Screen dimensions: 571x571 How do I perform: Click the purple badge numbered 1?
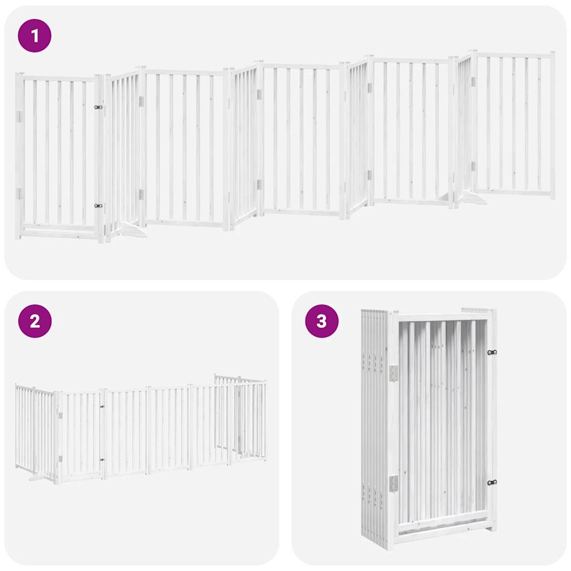(x=35, y=36)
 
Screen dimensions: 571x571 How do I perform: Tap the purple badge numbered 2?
(x=35, y=321)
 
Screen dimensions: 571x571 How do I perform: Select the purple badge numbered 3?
(x=322, y=321)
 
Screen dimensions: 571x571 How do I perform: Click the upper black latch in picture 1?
(x=99, y=107)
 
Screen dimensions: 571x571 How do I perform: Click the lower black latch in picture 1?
(x=99, y=206)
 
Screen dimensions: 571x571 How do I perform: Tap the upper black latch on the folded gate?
(x=492, y=352)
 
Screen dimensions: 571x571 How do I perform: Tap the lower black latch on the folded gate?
(x=492, y=483)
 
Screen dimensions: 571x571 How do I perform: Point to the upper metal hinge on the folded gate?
(x=393, y=372)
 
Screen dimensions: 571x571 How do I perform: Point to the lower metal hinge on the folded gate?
(x=393, y=483)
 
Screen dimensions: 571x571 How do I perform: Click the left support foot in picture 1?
(x=132, y=229)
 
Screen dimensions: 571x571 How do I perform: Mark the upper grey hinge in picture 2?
(x=60, y=415)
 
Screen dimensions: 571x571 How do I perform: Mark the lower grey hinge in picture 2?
(x=60, y=459)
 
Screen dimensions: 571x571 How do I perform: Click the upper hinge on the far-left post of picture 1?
(x=18, y=116)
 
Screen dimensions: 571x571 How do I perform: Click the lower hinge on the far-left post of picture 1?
(x=18, y=193)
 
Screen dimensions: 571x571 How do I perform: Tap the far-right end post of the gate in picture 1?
(x=552, y=125)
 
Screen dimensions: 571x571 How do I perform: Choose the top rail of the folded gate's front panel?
(x=443, y=317)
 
